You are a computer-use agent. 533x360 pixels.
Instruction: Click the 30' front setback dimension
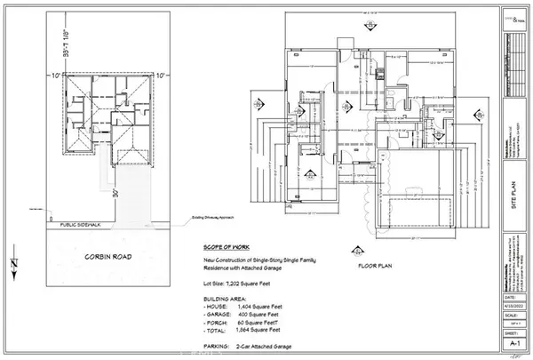[115, 195]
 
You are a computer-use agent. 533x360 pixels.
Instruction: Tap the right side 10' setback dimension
[163, 76]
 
